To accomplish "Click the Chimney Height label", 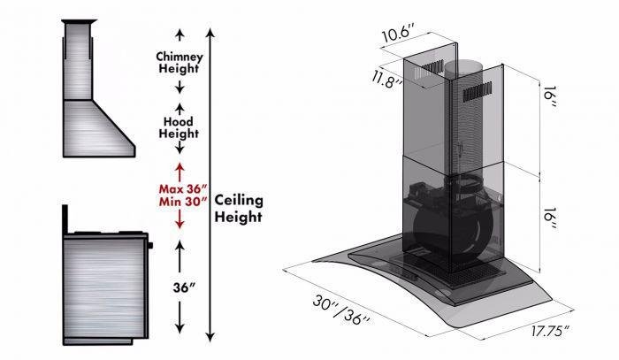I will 180,62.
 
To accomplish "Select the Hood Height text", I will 180,126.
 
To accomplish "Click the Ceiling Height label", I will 239,208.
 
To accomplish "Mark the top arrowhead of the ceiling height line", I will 210,34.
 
